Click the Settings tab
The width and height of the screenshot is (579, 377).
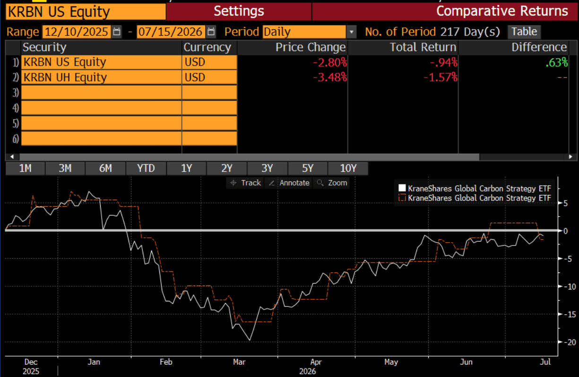click(x=239, y=11)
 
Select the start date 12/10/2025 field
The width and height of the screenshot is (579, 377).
click(x=77, y=32)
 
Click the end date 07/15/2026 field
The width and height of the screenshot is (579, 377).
click(x=171, y=32)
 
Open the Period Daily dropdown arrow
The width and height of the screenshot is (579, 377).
click(x=351, y=32)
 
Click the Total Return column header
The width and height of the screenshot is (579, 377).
click(x=423, y=47)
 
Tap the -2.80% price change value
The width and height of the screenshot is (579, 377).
click(x=329, y=62)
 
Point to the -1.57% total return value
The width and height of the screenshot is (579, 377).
click(x=440, y=78)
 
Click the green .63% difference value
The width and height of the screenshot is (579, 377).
click(x=556, y=62)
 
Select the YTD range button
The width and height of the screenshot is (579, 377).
click(x=146, y=168)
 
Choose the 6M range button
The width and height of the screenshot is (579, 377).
click(x=105, y=168)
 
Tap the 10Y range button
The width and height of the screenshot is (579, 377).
click(x=348, y=168)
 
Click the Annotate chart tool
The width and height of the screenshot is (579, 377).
click(x=289, y=183)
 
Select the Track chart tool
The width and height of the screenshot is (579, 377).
click(x=245, y=183)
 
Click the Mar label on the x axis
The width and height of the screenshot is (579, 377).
click(x=239, y=362)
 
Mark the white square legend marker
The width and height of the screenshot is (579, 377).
click(x=402, y=188)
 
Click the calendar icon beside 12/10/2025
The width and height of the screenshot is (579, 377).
click(x=117, y=32)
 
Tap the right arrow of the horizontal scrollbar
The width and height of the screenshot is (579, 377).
click(x=571, y=157)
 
